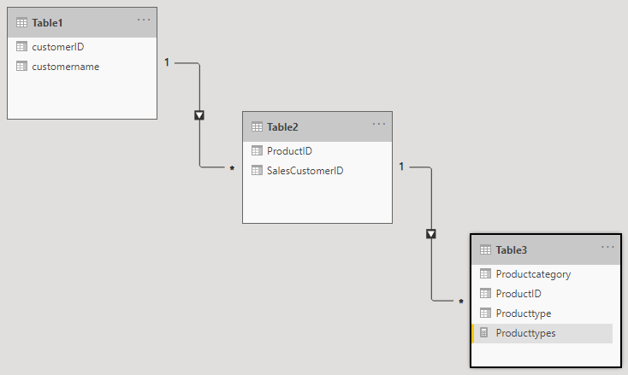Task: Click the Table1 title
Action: [x=47, y=23]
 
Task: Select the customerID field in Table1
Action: [x=58, y=47]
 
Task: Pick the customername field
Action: [x=66, y=67]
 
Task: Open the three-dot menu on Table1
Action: [x=144, y=20]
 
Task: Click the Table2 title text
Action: [x=282, y=127]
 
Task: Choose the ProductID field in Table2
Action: [x=289, y=150]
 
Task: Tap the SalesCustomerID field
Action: [x=305, y=171]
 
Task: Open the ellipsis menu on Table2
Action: [x=378, y=124]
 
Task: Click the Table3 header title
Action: [x=512, y=250]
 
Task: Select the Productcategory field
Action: [x=534, y=274]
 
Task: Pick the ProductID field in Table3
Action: [x=518, y=294]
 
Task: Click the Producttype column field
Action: [x=524, y=313]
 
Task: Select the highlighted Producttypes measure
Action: [x=526, y=333]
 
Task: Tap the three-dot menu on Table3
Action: [x=607, y=247]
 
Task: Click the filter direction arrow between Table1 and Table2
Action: [x=199, y=115]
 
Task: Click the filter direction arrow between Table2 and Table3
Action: [x=431, y=234]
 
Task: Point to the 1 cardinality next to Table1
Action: [x=167, y=62]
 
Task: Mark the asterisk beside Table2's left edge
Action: [x=232, y=169]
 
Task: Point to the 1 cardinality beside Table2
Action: [x=401, y=167]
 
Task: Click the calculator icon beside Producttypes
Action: [x=483, y=332]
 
